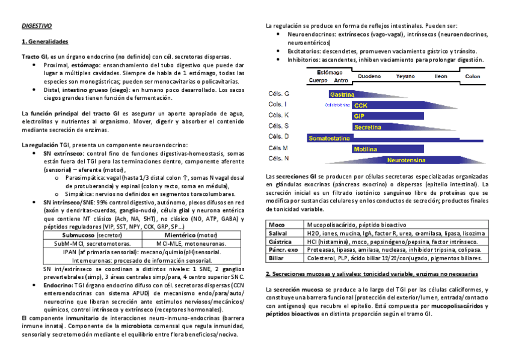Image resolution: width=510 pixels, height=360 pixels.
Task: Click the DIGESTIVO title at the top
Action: click(37, 26)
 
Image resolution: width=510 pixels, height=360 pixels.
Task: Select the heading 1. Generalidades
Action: click(45, 42)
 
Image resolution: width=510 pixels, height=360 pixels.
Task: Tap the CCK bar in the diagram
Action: click(361, 105)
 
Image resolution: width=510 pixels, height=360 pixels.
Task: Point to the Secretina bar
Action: click(367, 127)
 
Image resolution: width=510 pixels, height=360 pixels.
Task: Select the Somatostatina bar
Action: click(329, 138)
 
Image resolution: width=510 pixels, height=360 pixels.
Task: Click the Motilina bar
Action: click(365, 149)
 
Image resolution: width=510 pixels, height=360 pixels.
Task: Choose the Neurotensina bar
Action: click(407, 160)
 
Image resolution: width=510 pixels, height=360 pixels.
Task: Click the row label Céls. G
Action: click(278, 94)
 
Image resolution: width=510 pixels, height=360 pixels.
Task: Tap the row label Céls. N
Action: click(278, 159)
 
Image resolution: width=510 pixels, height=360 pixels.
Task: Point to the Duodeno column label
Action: click(369, 76)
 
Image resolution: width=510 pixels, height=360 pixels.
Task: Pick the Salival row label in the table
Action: click(278, 233)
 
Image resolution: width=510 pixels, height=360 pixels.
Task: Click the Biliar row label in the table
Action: click(276, 258)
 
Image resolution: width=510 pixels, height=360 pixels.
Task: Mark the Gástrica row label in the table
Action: click(279, 241)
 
